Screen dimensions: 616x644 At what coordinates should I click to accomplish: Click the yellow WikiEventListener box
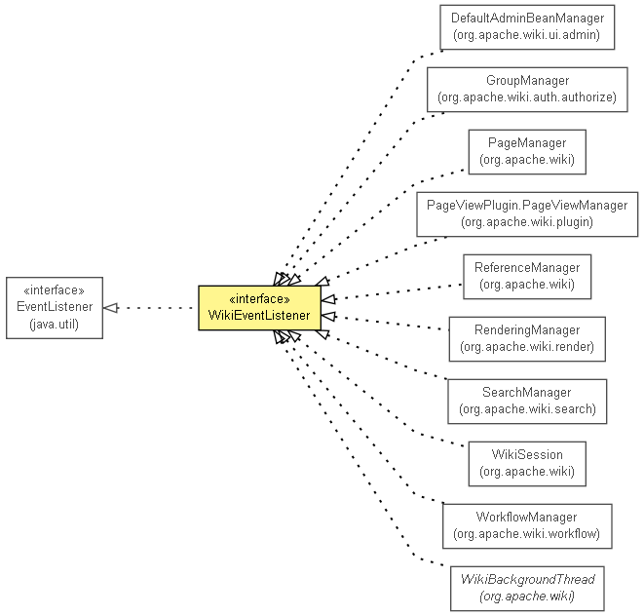tap(259, 308)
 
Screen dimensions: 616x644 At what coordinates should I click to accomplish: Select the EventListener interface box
tap(55, 308)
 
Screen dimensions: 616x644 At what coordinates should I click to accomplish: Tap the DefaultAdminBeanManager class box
tap(526, 26)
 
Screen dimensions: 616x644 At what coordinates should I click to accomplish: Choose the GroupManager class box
tap(526, 89)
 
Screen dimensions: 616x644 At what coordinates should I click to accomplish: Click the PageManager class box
tap(526, 151)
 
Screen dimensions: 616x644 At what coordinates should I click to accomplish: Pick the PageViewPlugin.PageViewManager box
tap(526, 213)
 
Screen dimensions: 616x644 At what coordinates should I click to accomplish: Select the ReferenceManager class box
tap(526, 276)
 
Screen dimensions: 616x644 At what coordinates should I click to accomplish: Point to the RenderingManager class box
tap(526, 338)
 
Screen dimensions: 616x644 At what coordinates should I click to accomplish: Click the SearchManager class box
tap(526, 401)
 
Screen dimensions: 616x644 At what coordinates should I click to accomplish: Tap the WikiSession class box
tap(526, 463)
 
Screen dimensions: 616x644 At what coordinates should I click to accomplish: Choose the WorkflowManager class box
tap(526, 525)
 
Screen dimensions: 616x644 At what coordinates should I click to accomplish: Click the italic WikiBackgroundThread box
tap(526, 588)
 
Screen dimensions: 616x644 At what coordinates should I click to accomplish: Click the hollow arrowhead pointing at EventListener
tap(111, 308)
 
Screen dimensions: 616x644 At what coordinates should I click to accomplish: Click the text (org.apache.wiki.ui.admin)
tap(526, 35)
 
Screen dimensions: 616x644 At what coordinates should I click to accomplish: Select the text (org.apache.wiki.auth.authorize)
tap(526, 97)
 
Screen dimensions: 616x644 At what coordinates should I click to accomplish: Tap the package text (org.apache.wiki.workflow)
tap(526, 534)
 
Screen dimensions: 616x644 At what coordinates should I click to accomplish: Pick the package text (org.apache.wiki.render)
tap(526, 347)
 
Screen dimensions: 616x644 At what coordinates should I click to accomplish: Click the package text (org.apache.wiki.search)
tap(526, 409)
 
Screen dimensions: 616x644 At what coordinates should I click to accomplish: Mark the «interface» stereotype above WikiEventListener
tap(259, 298)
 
